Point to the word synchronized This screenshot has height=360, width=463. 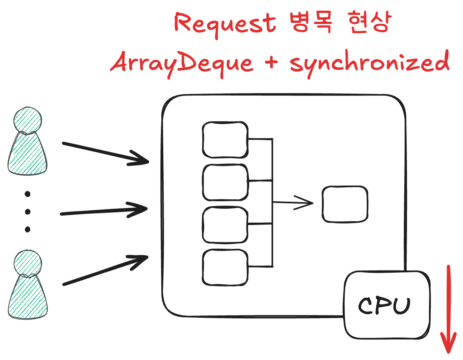370,63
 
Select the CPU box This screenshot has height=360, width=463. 387,304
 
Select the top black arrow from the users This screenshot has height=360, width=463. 106,152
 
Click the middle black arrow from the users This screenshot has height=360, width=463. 105,210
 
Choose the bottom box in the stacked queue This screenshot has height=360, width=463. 225,267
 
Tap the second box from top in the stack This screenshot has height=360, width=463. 225,182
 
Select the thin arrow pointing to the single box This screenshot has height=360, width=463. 293,203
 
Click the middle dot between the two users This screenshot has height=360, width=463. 28,212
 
